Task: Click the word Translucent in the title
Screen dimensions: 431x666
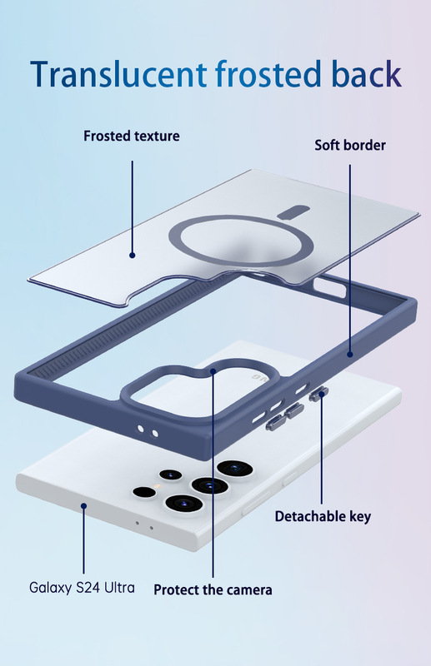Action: pyautogui.click(x=118, y=74)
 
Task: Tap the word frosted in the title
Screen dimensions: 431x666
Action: pyautogui.click(x=268, y=73)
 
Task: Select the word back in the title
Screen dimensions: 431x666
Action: pyautogui.click(x=367, y=73)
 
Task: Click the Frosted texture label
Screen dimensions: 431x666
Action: pyautogui.click(x=132, y=136)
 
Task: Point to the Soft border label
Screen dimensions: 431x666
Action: pyautogui.click(x=350, y=145)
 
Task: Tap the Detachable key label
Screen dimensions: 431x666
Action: pyautogui.click(x=323, y=516)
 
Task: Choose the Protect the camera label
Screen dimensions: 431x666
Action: pyautogui.click(x=213, y=590)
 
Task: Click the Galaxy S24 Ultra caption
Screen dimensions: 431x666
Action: pyautogui.click(x=83, y=588)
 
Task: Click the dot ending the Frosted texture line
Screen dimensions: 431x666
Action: pyautogui.click(x=133, y=256)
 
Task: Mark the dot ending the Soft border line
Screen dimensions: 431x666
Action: pyautogui.click(x=350, y=355)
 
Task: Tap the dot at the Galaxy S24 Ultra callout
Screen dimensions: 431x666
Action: pyautogui.click(x=84, y=506)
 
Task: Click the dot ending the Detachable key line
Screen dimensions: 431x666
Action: pyautogui.click(x=322, y=394)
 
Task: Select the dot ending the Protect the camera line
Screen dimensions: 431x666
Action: pyautogui.click(x=213, y=371)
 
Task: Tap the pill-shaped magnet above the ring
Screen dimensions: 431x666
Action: pyautogui.click(x=293, y=212)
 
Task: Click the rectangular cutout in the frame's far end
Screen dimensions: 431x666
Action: pyautogui.click(x=330, y=289)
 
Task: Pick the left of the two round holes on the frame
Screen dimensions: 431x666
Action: pyautogui.click(x=141, y=429)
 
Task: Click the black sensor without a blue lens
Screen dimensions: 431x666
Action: pyautogui.click(x=144, y=492)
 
